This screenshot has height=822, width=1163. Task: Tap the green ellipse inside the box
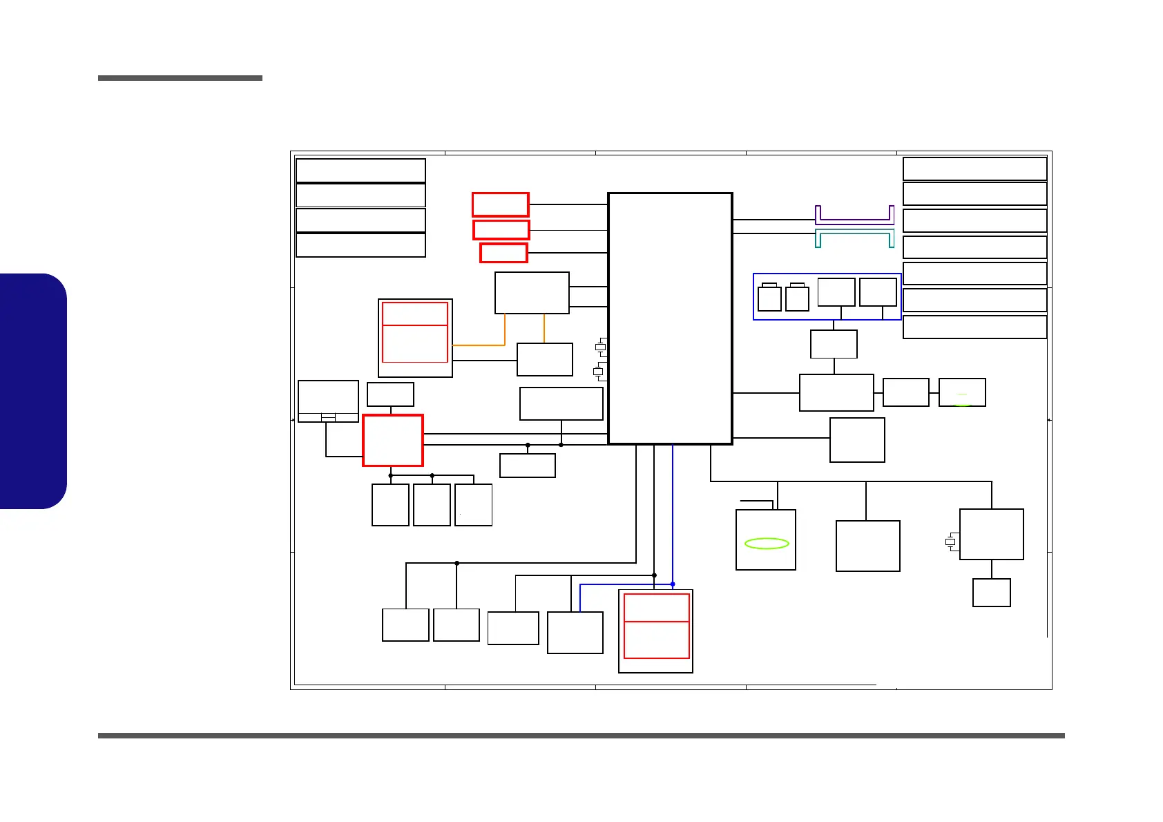coord(767,544)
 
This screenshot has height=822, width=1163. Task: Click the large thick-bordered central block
coord(670,318)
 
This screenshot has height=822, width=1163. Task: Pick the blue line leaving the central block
coord(673,511)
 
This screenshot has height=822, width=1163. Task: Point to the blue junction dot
coord(673,584)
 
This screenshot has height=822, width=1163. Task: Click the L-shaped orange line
coord(483,344)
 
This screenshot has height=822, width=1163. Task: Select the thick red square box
coord(393,441)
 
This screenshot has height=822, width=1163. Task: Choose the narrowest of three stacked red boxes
coord(503,253)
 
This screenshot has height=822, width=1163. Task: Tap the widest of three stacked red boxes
coord(501,204)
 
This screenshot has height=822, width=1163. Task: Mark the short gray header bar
coord(180,78)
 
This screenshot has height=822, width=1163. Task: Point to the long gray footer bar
coord(581,736)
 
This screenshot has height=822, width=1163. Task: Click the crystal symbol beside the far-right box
coord(950,542)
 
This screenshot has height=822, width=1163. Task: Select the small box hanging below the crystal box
coord(992,593)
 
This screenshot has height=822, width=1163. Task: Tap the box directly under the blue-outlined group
coord(834,344)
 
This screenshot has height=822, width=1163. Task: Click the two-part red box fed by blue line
coord(656,626)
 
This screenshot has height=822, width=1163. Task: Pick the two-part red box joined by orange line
coord(415,332)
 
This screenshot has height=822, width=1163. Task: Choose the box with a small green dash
coord(962,392)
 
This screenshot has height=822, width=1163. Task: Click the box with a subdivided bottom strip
coord(328,401)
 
